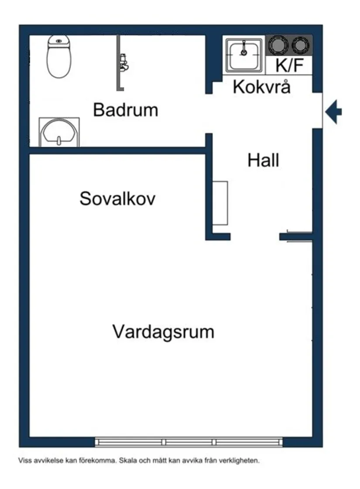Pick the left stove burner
[278, 45]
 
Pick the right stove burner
[301, 45]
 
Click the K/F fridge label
[289, 65]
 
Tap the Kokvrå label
[261, 87]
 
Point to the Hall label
[263, 161]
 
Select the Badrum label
[125, 110]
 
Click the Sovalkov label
[117, 199]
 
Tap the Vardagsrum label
[163, 332]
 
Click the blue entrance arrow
[334, 112]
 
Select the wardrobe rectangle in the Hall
[220, 203]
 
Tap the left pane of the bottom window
[130, 442]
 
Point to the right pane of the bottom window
[249, 442]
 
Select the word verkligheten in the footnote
[241, 460]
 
